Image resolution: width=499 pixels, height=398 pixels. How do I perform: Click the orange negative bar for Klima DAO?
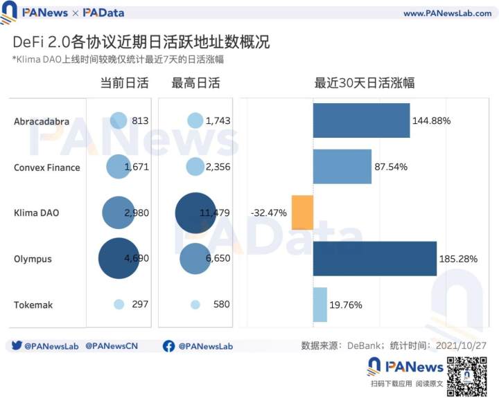pos(302,212)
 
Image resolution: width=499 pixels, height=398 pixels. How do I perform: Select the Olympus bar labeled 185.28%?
pos(375,259)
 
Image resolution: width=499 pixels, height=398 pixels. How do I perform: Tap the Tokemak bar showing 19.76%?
pos(320,305)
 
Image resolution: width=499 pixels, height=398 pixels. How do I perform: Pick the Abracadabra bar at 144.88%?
pos(361,120)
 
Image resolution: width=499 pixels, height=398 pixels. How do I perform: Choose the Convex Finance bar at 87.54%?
pos(342,167)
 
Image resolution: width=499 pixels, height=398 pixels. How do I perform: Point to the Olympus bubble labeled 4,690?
pos(119,259)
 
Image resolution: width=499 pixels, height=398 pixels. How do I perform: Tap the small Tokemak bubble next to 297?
pos(119,304)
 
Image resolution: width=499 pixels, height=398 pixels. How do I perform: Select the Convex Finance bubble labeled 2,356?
pos(195,167)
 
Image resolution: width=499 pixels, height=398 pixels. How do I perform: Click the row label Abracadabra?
pos(42,121)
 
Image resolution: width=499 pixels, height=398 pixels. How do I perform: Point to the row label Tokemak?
pos(33,305)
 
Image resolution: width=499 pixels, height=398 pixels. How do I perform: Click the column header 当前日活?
pos(124,84)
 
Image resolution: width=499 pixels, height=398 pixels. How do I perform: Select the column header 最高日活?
pos(195,84)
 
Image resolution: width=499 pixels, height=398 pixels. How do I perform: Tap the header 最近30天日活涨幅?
pos(365,84)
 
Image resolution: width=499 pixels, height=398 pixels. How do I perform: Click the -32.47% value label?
pos(268,212)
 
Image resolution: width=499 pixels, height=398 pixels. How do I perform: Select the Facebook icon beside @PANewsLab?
pos(168,345)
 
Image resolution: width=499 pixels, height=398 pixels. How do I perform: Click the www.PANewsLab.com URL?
pos(447,13)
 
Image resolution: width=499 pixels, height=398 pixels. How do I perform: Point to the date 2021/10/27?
pos(459,345)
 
